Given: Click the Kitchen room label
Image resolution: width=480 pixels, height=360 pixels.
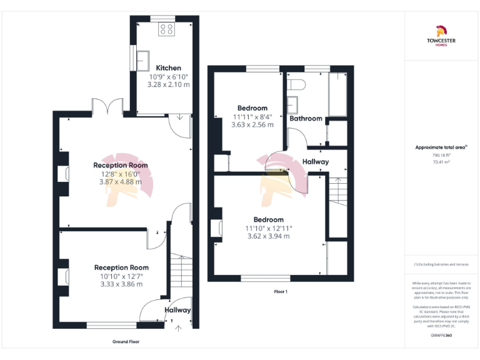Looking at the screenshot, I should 168,68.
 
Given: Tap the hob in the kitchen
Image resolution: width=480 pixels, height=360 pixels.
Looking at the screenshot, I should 167,28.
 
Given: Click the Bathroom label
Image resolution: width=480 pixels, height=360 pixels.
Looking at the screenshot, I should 305,118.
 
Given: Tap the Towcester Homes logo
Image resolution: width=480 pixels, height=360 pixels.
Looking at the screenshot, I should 441,34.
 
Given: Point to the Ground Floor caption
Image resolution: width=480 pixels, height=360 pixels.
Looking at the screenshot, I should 126,342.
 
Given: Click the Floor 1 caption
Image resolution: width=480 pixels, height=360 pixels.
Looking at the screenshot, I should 281,291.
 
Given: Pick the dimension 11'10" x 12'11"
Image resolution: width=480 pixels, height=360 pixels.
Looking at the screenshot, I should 269,228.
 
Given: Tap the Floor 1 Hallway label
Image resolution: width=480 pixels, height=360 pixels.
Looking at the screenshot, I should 316,162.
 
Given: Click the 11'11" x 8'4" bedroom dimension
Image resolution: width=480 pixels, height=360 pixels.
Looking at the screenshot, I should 252,116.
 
